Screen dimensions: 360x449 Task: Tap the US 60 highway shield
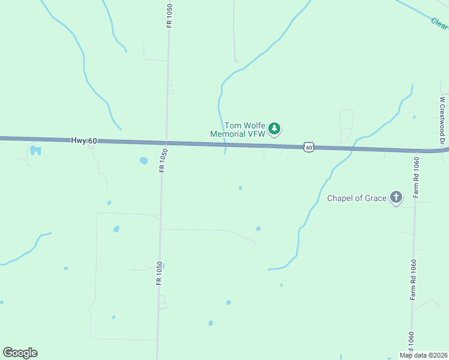point(309,146)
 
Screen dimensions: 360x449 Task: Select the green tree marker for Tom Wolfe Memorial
point(274,128)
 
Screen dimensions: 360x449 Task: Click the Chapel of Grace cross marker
point(396,197)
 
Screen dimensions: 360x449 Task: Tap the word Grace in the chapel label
point(376,199)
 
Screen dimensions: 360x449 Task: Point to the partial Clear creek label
point(439,23)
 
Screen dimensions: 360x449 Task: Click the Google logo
point(20,353)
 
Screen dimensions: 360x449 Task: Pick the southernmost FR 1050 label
point(160,273)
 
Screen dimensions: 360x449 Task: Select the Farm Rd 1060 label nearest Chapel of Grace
point(415,178)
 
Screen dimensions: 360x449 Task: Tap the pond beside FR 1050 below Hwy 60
point(143,161)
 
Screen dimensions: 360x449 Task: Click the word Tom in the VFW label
point(232,125)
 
